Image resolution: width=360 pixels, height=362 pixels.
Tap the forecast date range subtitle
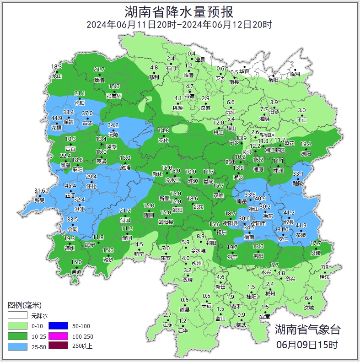tap(179, 25)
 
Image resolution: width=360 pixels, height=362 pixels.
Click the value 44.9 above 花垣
tap(57, 118)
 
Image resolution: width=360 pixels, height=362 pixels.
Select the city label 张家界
tap(114, 96)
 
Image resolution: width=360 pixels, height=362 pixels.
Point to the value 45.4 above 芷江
tap(70, 185)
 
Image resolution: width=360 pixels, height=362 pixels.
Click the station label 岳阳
tap(273, 80)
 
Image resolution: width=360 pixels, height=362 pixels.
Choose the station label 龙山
tap(56, 76)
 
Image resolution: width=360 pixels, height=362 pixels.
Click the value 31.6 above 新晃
tap(40, 190)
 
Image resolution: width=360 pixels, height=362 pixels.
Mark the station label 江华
tap(183, 330)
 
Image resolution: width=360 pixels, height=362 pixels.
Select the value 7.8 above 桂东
tap(325, 267)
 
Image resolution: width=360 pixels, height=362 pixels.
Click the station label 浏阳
tap(306, 154)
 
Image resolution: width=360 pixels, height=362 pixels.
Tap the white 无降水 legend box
tap(17, 316)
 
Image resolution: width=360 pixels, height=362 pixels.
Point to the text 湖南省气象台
tap(308, 329)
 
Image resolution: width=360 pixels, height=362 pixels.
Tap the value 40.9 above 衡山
tap(260, 198)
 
